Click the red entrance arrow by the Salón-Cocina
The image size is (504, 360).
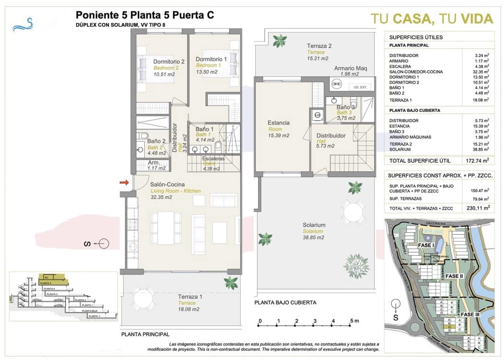pyautogui.click(x=124, y=182)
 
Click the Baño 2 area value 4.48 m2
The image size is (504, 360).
pyautogui.click(x=157, y=153)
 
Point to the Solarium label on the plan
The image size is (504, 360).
pyautogui.click(x=314, y=225)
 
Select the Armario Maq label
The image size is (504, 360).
pyautogui.click(x=351, y=68)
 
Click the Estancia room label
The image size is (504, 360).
pyautogui.click(x=279, y=123)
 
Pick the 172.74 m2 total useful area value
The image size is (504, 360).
pyautogui.click(x=478, y=160)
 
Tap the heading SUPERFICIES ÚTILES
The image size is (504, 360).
pyautogui.click(x=416, y=37)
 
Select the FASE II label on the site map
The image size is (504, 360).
pyautogui.click(x=454, y=276)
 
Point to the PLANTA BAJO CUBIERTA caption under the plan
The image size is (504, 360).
pyautogui.click(x=285, y=302)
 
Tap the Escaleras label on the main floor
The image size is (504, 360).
pyautogui.click(x=213, y=158)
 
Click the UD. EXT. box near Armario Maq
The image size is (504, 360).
pyautogui.click(x=360, y=87)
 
